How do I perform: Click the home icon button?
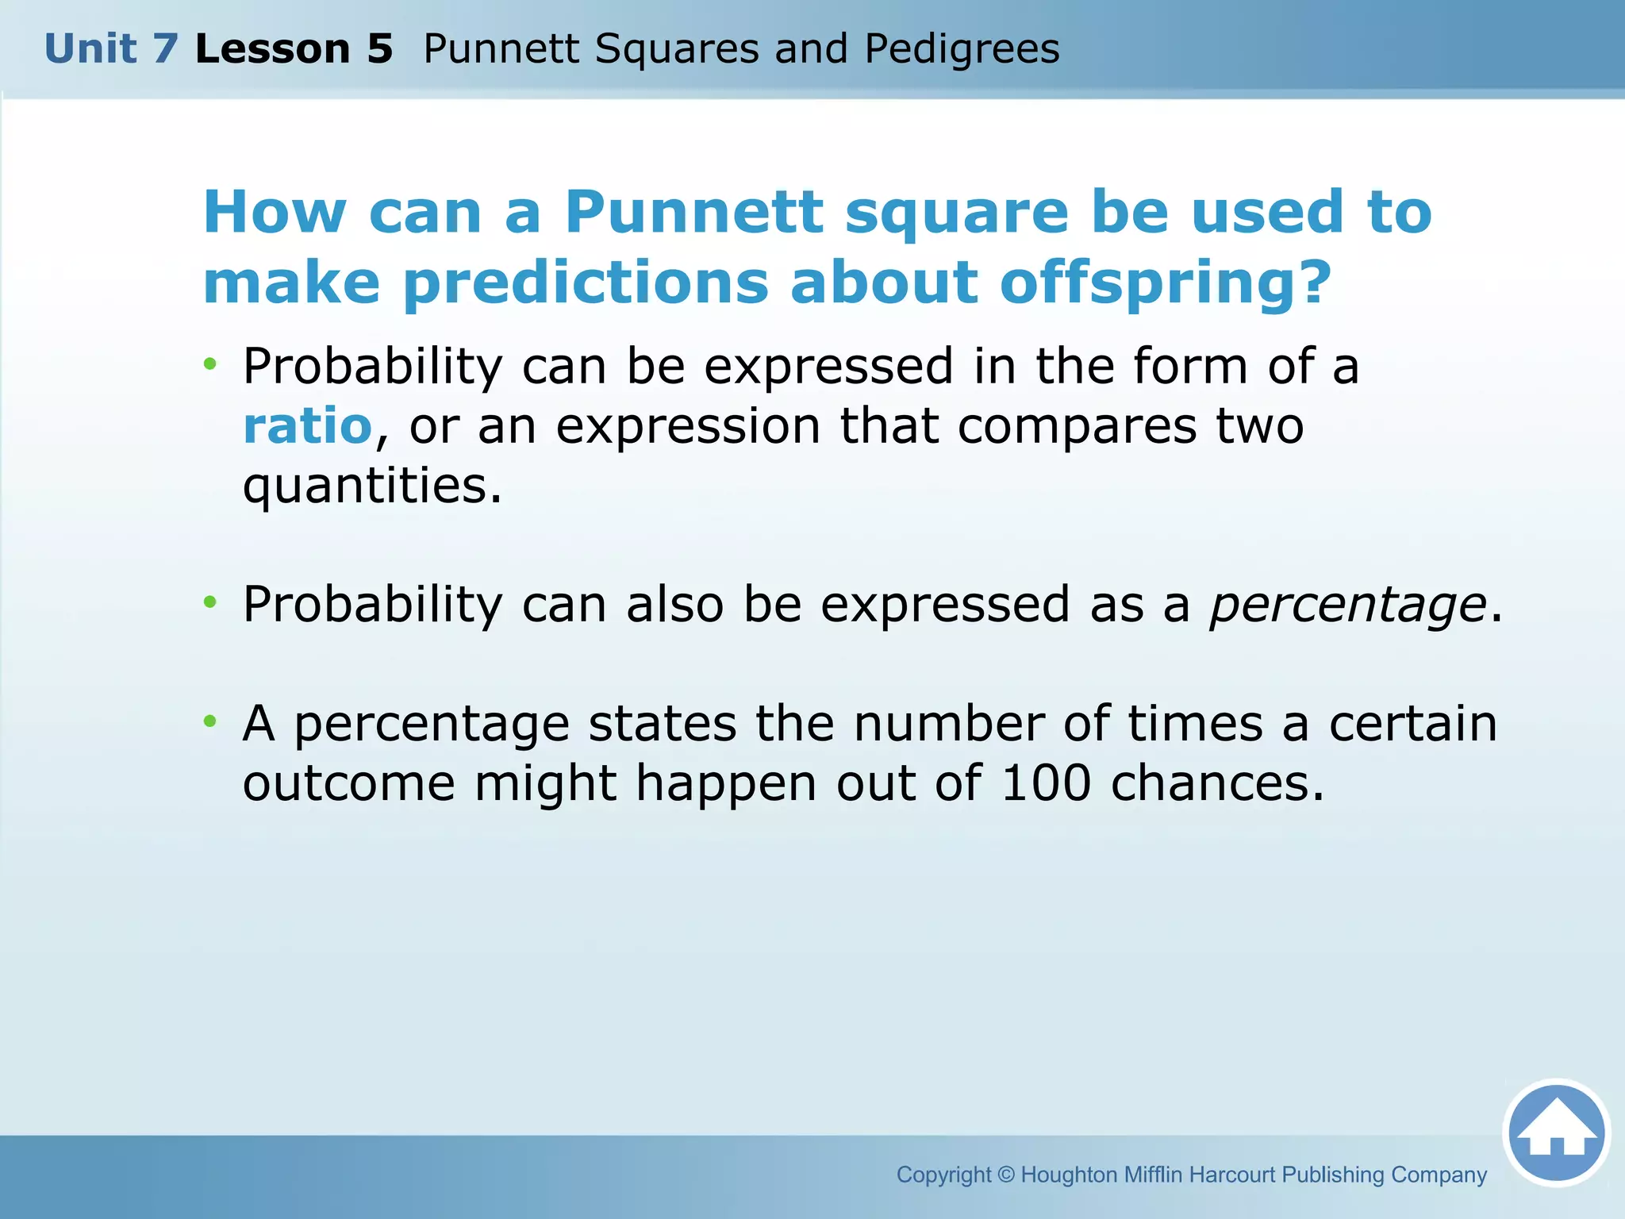tap(1556, 1133)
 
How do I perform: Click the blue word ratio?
tap(307, 426)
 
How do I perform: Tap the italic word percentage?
tap(1347, 605)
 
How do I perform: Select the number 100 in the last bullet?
tap(1046, 784)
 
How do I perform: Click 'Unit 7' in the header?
tap(111, 49)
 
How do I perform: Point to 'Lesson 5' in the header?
tap(294, 49)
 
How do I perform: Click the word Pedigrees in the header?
tap(962, 49)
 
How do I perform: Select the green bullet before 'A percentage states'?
tap(209, 721)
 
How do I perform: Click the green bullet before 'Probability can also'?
tap(209, 602)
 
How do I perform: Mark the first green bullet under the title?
tap(209, 364)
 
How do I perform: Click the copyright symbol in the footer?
tap(1005, 1175)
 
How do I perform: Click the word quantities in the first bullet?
tap(371, 486)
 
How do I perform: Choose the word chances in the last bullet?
tap(1216, 784)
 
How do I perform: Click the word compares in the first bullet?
tap(1077, 426)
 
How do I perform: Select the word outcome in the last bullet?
tap(348, 784)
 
